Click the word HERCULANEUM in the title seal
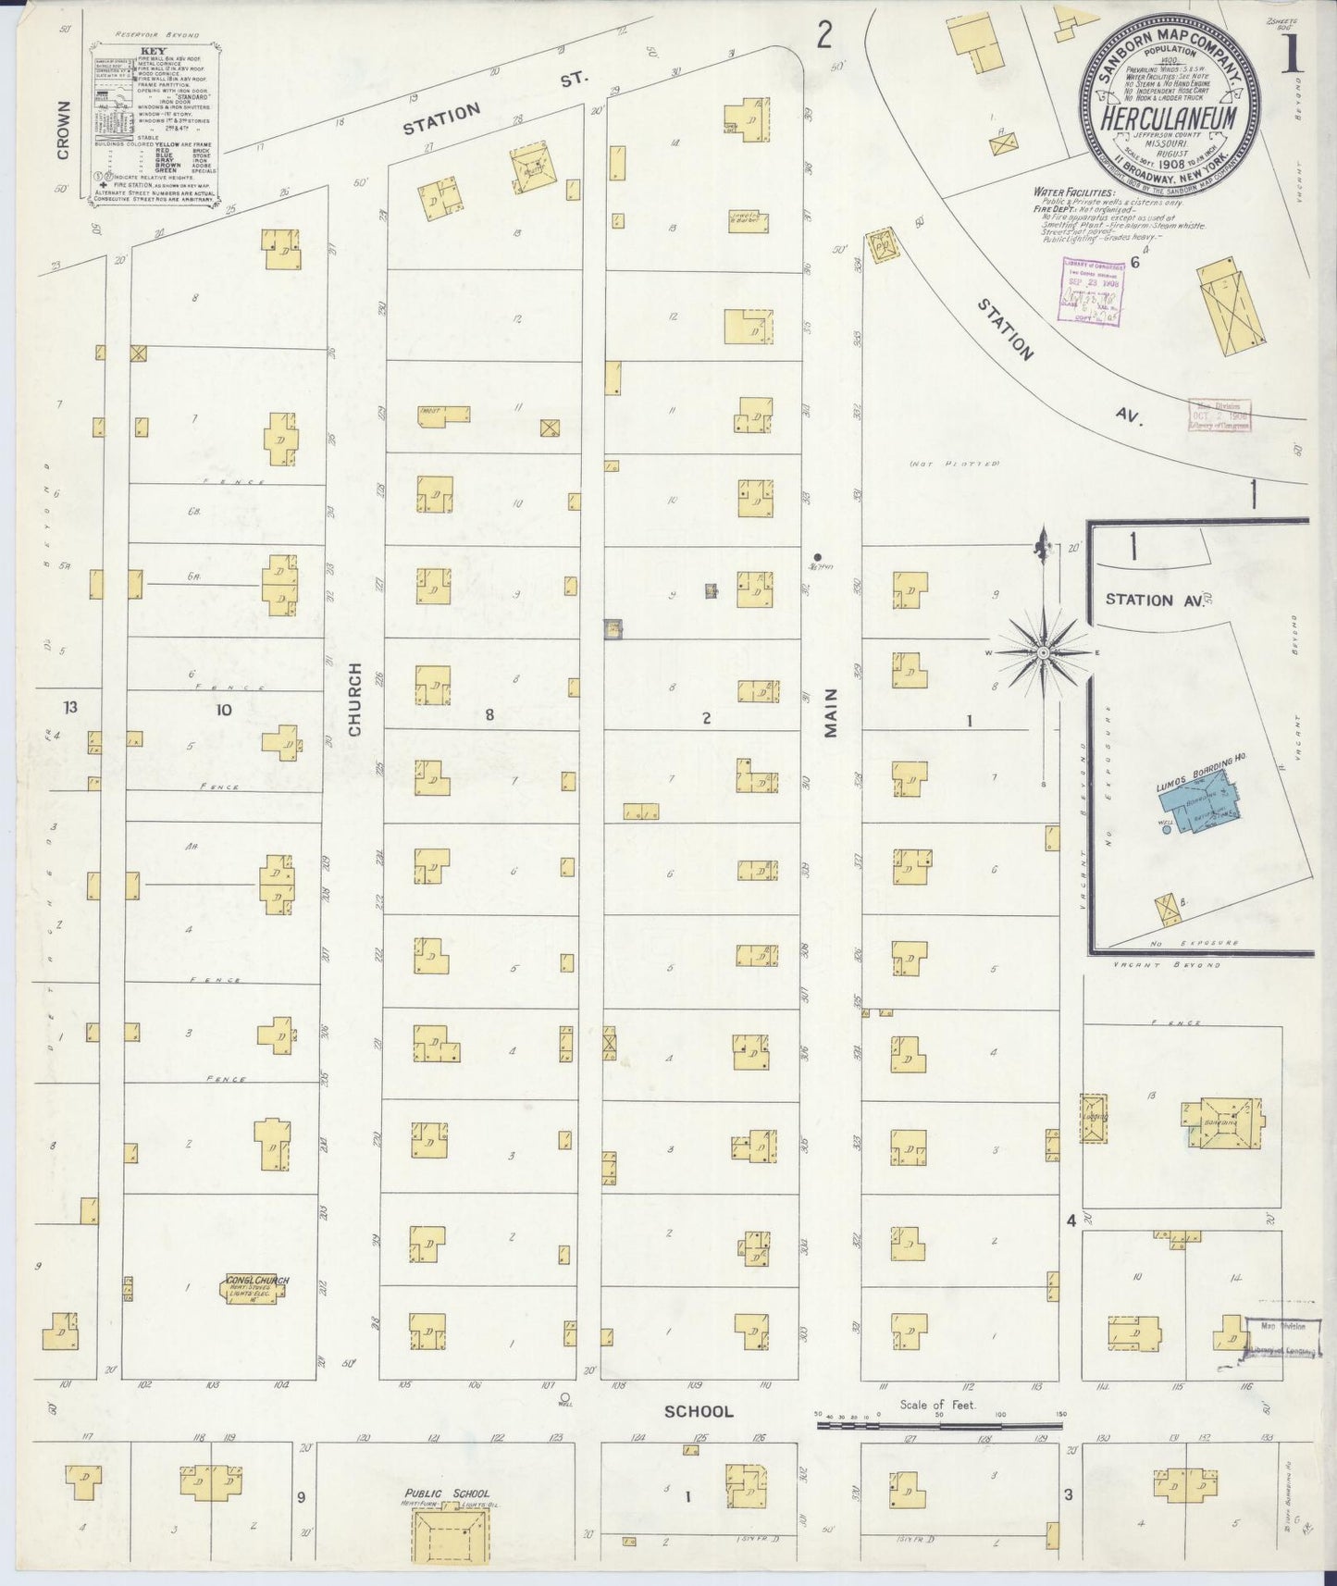click(1170, 118)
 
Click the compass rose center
click(1043, 652)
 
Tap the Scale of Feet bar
click(939, 1426)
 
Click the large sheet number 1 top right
click(1291, 56)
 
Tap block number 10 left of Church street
click(223, 710)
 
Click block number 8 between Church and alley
click(490, 713)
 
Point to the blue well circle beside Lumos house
click(1166, 830)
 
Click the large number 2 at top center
click(824, 37)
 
